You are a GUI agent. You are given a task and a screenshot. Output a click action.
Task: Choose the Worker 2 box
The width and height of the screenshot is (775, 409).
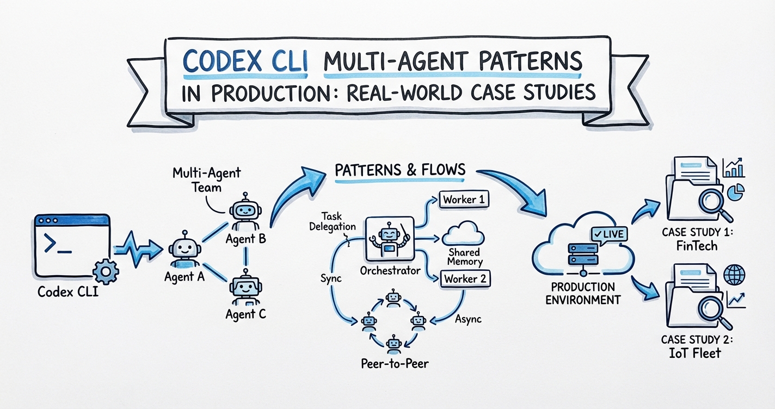click(464, 279)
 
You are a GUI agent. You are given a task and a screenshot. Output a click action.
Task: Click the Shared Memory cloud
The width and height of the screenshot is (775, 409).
click(464, 236)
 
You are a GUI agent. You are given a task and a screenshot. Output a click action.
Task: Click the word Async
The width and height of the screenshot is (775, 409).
click(468, 319)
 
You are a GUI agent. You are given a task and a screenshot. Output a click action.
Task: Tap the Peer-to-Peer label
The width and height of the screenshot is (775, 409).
click(394, 363)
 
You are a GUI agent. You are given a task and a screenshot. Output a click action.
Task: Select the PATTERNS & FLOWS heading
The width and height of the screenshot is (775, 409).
click(399, 170)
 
